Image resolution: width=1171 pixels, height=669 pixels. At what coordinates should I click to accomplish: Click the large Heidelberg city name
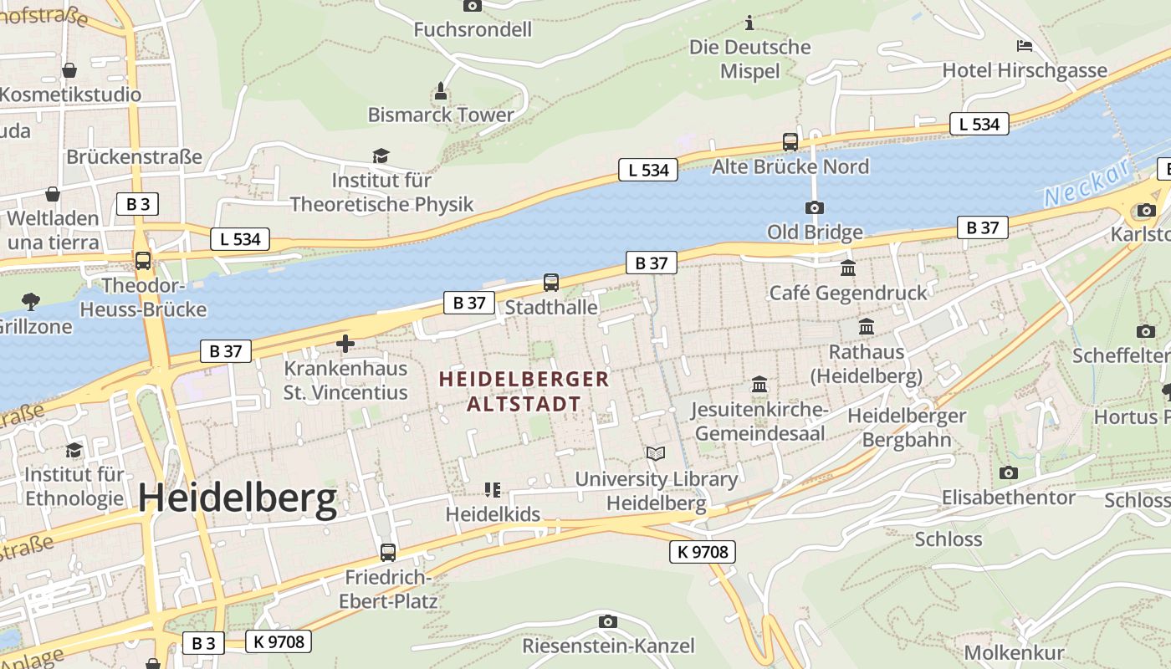[238, 498]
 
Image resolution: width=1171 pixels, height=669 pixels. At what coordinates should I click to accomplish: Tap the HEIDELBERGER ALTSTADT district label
[524, 391]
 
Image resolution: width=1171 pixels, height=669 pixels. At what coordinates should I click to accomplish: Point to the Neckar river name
[1087, 183]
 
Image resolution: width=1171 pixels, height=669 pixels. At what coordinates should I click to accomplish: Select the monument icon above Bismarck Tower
[442, 90]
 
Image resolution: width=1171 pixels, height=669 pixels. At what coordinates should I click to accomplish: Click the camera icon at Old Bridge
[814, 207]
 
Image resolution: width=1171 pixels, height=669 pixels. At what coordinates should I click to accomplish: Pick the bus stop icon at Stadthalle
[550, 283]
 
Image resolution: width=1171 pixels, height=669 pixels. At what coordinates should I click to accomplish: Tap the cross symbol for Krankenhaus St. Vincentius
[345, 344]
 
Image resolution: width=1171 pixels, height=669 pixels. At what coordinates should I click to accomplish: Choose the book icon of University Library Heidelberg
[656, 454]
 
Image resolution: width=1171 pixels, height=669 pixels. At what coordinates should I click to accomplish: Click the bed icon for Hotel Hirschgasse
[1025, 46]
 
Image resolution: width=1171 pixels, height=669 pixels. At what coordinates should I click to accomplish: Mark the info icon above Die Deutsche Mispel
[749, 23]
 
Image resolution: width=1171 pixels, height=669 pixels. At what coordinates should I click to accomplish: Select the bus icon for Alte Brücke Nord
[790, 142]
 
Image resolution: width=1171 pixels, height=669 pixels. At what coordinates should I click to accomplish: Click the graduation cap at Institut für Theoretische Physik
[381, 156]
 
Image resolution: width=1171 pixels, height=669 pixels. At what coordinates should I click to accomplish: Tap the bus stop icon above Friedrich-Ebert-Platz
[387, 553]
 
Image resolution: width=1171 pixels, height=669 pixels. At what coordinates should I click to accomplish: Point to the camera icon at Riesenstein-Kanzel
[608, 621]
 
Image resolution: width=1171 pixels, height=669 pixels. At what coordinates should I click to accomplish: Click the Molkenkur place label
[1014, 652]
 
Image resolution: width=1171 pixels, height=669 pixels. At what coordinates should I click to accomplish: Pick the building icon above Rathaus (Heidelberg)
[867, 327]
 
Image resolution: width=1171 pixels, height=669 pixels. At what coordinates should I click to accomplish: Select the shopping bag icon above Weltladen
[53, 195]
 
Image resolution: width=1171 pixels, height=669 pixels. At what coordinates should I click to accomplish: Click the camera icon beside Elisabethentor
[1009, 473]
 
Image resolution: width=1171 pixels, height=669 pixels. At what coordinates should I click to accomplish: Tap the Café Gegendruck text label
[848, 293]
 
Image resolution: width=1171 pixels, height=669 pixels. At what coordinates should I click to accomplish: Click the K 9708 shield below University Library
[703, 552]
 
